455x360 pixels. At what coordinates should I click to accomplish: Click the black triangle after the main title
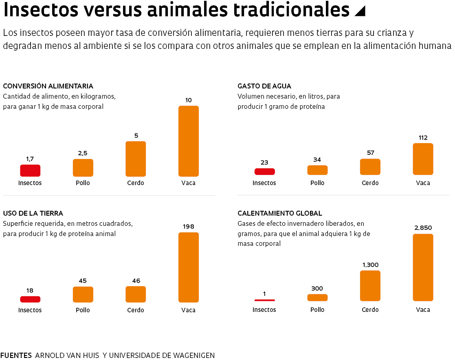pyautogui.click(x=360, y=11)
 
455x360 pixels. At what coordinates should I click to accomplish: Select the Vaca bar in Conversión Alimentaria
pyautogui.click(x=189, y=141)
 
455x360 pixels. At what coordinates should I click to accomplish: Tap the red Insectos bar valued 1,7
pyautogui.click(x=30, y=170)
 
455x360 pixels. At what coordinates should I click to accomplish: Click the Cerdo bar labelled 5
pyautogui.click(x=136, y=159)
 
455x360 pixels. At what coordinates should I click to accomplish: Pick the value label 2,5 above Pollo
pyautogui.click(x=83, y=153)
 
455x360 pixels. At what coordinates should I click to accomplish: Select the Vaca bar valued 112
pyautogui.click(x=423, y=159)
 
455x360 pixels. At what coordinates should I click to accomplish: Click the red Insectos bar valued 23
pyautogui.click(x=264, y=172)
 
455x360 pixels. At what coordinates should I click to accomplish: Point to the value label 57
pyautogui.click(x=370, y=153)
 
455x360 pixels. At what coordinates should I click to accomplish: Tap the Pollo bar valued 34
pyautogui.click(x=317, y=170)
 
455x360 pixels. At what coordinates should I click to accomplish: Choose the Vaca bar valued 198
pyautogui.click(x=189, y=267)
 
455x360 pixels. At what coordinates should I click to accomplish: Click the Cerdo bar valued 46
pyautogui.click(x=136, y=294)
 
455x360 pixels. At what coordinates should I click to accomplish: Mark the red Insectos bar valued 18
pyautogui.click(x=30, y=299)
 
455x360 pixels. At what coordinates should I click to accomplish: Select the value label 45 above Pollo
pyautogui.click(x=83, y=280)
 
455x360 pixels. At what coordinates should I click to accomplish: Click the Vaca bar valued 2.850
pyautogui.click(x=423, y=267)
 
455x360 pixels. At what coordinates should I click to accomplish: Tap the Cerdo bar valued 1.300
pyautogui.click(x=370, y=285)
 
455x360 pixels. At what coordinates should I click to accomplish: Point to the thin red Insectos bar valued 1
pyautogui.click(x=264, y=300)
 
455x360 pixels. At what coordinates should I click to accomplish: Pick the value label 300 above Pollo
pyautogui.click(x=317, y=289)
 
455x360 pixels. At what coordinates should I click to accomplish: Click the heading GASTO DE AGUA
pyautogui.click(x=264, y=86)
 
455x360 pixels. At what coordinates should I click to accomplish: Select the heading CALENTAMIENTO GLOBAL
pyautogui.click(x=280, y=213)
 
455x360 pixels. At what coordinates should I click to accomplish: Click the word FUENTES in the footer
pyautogui.click(x=16, y=355)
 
